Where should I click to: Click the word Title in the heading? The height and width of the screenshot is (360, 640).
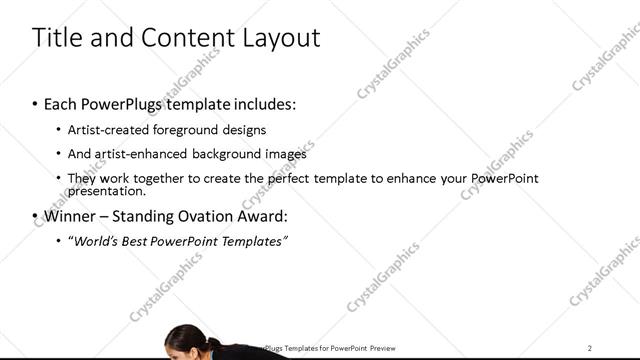[x=59, y=38]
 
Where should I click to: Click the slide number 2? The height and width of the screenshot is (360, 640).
[x=590, y=348]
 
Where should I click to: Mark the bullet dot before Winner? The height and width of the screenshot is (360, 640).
[x=36, y=217]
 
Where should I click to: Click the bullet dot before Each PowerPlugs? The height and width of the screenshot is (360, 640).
[x=36, y=105]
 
